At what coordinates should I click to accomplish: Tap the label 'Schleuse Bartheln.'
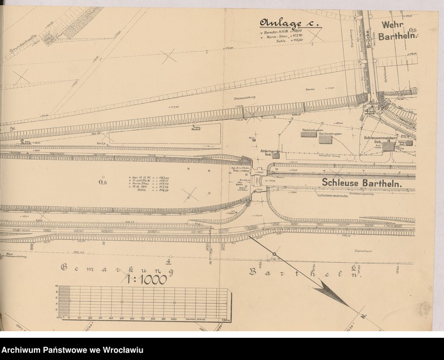361,183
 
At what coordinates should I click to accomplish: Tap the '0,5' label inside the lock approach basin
102,181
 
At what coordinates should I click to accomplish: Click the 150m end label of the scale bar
225,320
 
